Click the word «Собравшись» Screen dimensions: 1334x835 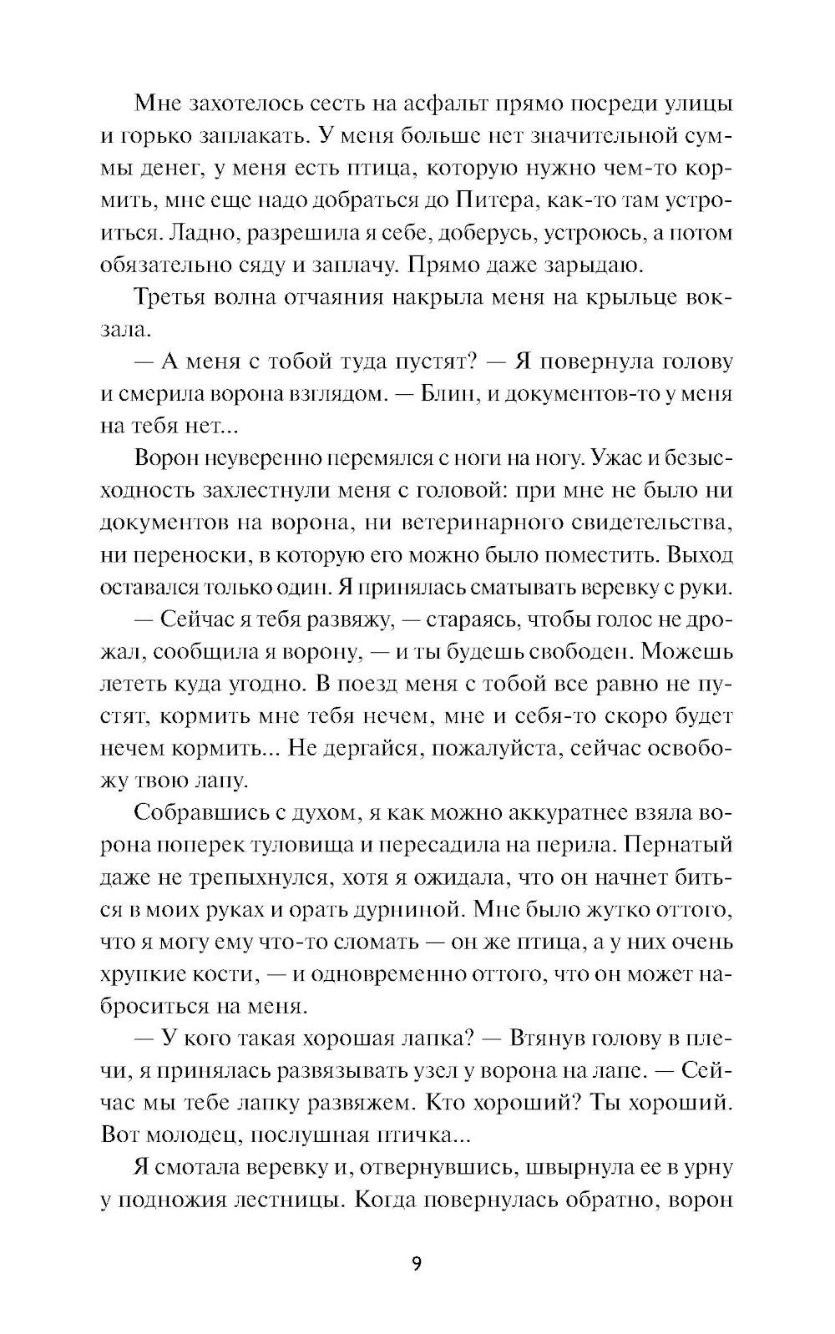[195, 812]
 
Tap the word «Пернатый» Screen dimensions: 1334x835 [679, 844]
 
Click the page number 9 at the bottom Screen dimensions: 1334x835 [417, 1263]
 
